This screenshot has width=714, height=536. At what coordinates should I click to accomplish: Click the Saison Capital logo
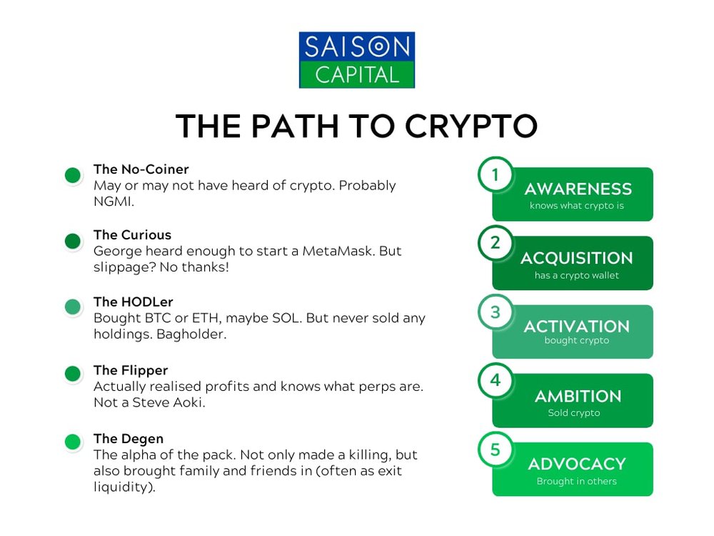pyautogui.click(x=356, y=60)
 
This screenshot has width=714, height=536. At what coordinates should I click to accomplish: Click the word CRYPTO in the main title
pyautogui.click(x=471, y=126)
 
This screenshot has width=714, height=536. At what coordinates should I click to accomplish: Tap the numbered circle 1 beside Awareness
pyautogui.click(x=496, y=174)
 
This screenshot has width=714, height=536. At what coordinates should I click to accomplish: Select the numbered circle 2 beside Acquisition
pyautogui.click(x=496, y=243)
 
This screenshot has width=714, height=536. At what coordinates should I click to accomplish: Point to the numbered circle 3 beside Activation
pyautogui.click(x=496, y=312)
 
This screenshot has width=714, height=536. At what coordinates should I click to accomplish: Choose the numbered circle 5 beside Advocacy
pyautogui.click(x=496, y=450)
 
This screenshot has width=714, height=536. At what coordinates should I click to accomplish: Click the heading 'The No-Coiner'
pyautogui.click(x=141, y=169)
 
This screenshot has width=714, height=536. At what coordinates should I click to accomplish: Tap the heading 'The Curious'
pyautogui.click(x=133, y=234)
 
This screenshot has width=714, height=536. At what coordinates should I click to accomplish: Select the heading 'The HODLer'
pyautogui.click(x=134, y=302)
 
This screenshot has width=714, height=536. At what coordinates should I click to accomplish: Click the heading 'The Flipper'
pyautogui.click(x=131, y=370)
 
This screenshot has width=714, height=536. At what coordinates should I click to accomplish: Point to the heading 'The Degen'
pyautogui.click(x=129, y=439)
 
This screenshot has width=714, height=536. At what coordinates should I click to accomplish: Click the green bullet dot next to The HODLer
pyautogui.click(x=73, y=307)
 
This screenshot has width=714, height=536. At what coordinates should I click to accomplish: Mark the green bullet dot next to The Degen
pyautogui.click(x=73, y=442)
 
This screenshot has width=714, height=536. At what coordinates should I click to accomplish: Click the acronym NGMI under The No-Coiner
pyautogui.click(x=113, y=202)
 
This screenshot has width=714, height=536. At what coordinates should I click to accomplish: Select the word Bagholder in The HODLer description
pyautogui.click(x=191, y=334)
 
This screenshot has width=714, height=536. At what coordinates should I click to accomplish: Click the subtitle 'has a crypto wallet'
pyautogui.click(x=576, y=275)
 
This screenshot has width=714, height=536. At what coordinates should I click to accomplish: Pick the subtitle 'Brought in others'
pyautogui.click(x=576, y=481)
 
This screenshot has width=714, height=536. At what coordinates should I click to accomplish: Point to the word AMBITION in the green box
pyautogui.click(x=578, y=397)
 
